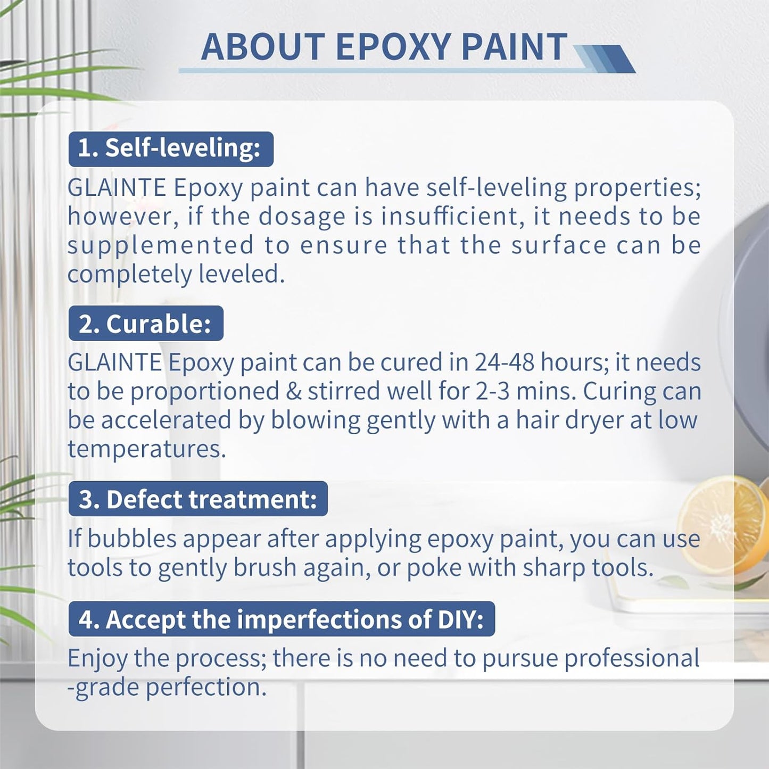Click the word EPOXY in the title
click(x=393, y=47)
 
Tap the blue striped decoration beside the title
click(x=607, y=59)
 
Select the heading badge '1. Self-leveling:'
click(x=171, y=148)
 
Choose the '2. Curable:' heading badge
click(x=146, y=324)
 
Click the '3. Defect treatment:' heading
click(x=198, y=499)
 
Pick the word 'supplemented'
click(x=161, y=245)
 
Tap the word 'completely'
click(x=129, y=275)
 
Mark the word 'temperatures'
click(x=147, y=449)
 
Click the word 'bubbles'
click(x=132, y=539)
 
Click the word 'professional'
click(x=632, y=658)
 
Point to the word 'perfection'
click(x=206, y=688)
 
